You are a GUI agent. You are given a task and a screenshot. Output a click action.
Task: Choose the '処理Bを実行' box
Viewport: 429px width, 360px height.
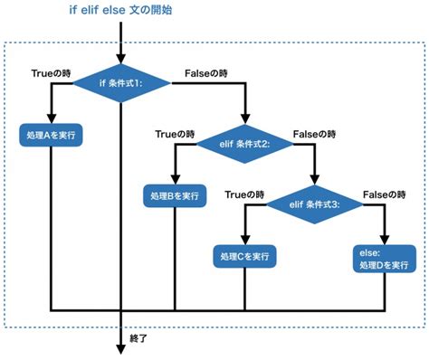(175, 194)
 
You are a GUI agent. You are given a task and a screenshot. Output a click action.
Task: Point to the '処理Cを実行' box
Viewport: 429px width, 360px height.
(245, 257)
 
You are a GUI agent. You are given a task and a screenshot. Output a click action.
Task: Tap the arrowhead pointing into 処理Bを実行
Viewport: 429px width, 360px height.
(175, 177)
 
